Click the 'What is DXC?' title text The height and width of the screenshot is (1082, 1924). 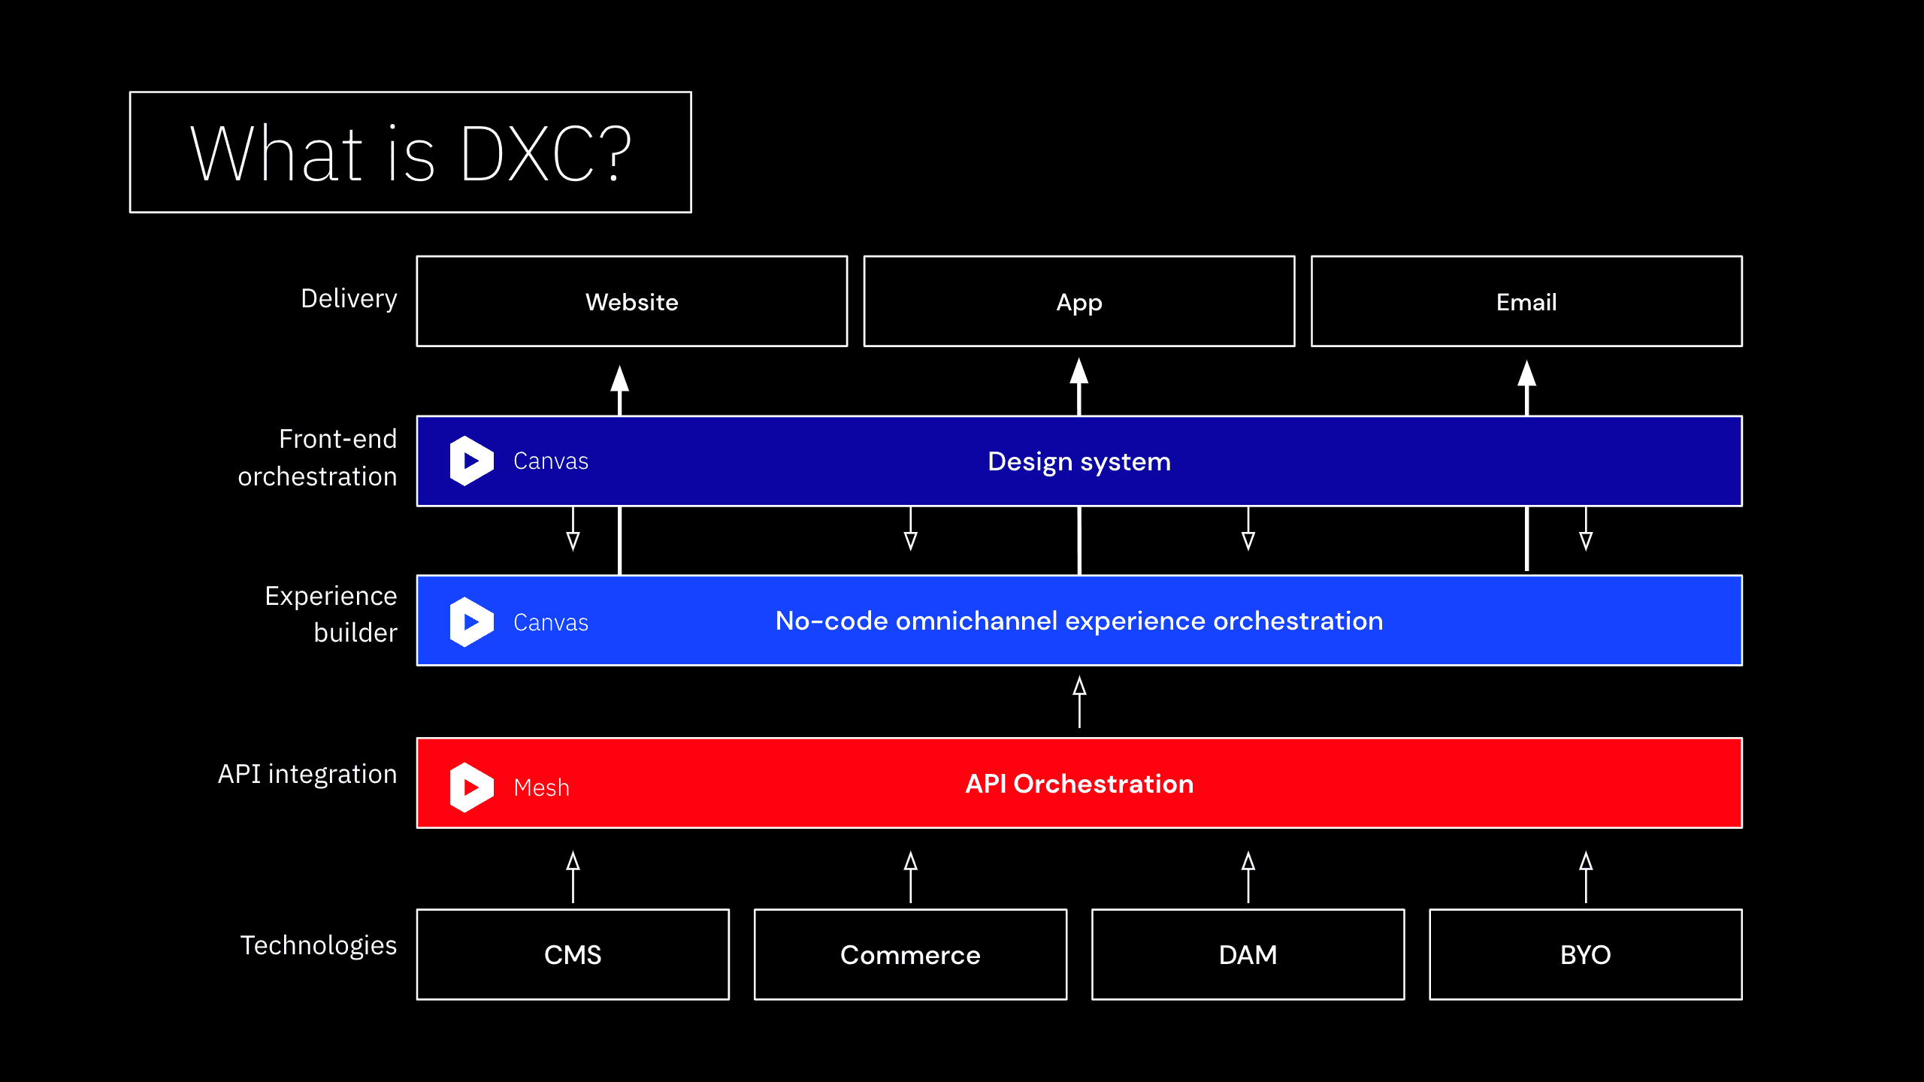tap(410, 153)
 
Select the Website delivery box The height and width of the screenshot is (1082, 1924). tap(631, 301)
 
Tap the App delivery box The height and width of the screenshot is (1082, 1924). tap(1078, 301)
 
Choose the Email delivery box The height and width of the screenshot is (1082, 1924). tap(1526, 301)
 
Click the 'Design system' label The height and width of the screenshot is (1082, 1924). tap(1078, 461)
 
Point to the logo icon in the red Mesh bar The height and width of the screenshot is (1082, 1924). tap(471, 787)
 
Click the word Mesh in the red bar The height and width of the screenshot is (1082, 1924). tap(541, 787)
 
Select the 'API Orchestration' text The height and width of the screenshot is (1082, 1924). tap(1078, 784)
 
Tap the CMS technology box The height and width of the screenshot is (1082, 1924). tap(573, 954)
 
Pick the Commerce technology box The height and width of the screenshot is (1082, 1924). tap(910, 954)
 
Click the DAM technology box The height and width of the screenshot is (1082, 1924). tap(1248, 954)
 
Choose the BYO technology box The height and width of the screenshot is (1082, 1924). tap(1585, 954)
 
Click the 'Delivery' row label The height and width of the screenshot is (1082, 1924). tap(349, 298)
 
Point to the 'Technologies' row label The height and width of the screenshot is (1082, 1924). tap(318, 944)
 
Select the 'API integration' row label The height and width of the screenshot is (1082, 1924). tap(307, 774)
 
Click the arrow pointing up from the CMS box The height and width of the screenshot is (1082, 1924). tap(573, 876)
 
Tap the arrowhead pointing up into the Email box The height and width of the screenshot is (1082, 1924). tap(1526, 375)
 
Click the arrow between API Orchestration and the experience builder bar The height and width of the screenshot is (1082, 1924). tap(1079, 701)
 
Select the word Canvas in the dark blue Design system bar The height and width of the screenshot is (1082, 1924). tap(550, 461)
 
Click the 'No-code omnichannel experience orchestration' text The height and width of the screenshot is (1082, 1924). tap(1078, 621)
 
